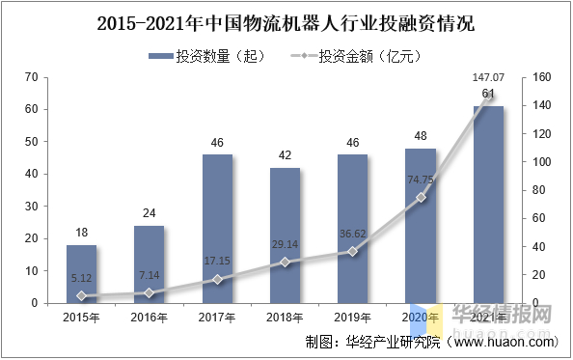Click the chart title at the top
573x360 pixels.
pos(286,21)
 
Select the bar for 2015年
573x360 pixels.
pos(81,274)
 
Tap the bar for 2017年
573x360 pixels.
pos(217,229)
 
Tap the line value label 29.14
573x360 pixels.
pos(285,245)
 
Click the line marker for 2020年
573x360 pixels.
pos(421,197)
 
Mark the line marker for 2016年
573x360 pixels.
pos(150,292)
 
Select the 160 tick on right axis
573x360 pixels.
pos(540,77)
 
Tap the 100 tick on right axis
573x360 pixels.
pos(540,162)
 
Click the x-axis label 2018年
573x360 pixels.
pos(285,317)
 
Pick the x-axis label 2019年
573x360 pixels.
pos(352,317)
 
